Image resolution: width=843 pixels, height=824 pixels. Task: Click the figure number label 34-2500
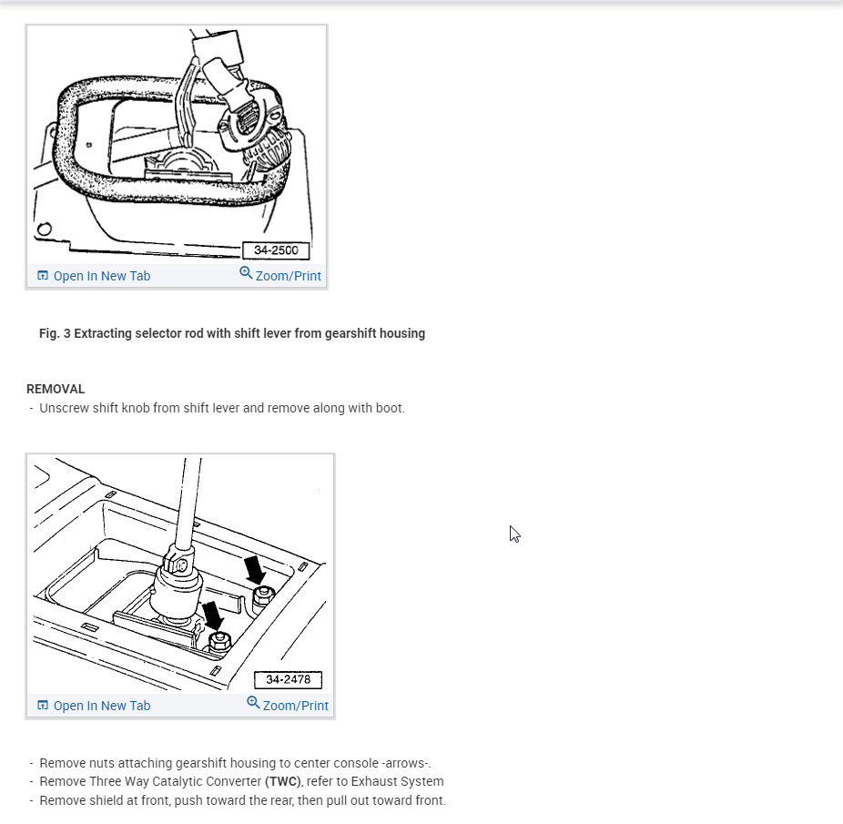pyautogui.click(x=276, y=250)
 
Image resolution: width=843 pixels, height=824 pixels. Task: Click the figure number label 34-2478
pyautogui.click(x=288, y=680)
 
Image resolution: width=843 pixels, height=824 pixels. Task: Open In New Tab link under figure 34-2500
pyautogui.click(x=101, y=276)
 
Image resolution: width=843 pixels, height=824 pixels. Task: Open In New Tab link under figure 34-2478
pyautogui.click(x=101, y=706)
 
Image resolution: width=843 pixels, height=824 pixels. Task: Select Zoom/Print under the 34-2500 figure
pyautogui.click(x=288, y=276)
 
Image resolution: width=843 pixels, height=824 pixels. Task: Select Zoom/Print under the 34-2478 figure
pyautogui.click(x=295, y=706)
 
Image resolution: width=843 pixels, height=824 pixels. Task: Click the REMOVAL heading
pyautogui.click(x=56, y=389)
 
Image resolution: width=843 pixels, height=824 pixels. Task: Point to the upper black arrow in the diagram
pyautogui.click(x=255, y=570)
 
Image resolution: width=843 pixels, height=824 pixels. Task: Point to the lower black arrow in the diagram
pyautogui.click(x=213, y=615)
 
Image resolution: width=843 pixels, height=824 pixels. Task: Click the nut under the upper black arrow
pyautogui.click(x=263, y=595)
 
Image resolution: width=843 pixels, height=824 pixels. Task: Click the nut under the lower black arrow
pyautogui.click(x=219, y=640)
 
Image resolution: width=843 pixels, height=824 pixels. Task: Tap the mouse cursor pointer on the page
pyautogui.click(x=513, y=534)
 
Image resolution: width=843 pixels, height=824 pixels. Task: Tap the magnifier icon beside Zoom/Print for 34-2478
pyautogui.click(x=253, y=703)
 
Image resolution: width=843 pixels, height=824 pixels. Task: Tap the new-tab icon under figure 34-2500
pyautogui.click(x=43, y=276)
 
